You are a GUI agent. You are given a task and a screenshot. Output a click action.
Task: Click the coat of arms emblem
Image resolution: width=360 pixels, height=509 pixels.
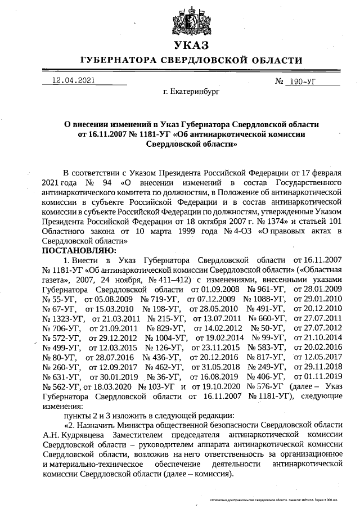click(x=191, y=19)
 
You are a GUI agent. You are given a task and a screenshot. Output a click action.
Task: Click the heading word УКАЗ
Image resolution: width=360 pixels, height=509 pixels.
click(x=191, y=46)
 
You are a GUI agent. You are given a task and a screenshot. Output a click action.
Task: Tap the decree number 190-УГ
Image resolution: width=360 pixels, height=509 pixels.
click(x=304, y=82)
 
